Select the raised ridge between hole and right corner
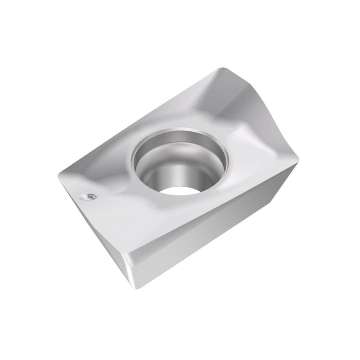[252, 135]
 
